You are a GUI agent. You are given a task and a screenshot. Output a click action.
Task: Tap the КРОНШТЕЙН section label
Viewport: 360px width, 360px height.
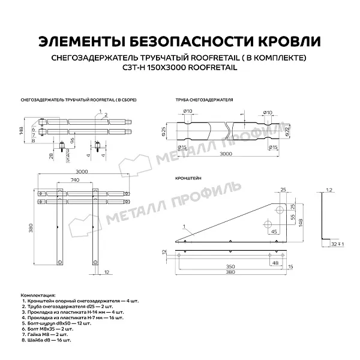[188, 179]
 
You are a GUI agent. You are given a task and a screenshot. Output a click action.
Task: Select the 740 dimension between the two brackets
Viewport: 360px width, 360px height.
[74, 179]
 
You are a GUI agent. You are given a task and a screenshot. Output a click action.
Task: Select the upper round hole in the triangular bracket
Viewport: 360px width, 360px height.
[278, 210]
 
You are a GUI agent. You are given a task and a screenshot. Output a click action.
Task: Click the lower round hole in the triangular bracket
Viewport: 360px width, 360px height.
[266, 224]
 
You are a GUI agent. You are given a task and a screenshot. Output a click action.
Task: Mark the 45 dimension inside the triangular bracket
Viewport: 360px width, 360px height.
[273, 230]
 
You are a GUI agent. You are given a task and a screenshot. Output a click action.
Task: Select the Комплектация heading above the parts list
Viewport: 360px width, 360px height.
[37, 296]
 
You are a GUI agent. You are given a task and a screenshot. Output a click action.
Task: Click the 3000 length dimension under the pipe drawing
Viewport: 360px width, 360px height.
[223, 154]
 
